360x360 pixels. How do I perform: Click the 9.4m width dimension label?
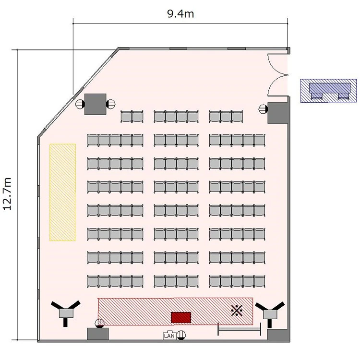coord(180,14)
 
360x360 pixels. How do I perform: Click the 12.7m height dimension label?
coord(7,194)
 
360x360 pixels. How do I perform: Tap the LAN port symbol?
coord(169,336)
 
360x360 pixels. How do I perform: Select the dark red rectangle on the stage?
coord(181,318)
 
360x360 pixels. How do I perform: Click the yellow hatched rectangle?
coord(63,192)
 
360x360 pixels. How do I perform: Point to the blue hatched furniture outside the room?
coord(329,90)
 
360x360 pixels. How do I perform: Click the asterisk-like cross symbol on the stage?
coord(237,311)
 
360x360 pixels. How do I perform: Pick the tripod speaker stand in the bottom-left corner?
coord(66,312)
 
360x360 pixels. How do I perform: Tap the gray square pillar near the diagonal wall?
coord(96,104)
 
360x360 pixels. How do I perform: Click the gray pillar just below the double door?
coord(278,113)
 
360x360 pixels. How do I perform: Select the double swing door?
coord(278,75)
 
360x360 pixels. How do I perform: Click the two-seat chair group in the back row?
coord(132,117)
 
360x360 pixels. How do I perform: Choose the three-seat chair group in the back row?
coord(226,117)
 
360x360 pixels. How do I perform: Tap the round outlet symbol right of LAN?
coord(181,335)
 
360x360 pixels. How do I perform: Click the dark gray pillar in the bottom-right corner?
coord(278,335)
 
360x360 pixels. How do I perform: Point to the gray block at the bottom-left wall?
coord(98,334)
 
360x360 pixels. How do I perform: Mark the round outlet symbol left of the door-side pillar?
coord(263,109)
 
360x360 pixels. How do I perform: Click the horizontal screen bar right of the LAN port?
coord(239,329)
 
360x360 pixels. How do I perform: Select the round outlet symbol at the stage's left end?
coord(99,323)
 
